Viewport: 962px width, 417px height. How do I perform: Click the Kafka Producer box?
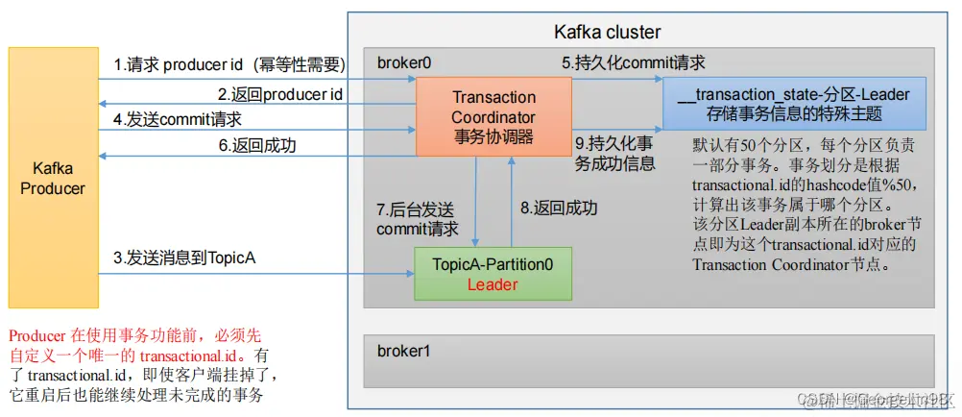pyautogui.click(x=53, y=178)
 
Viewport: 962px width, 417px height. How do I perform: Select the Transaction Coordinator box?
pyautogui.click(x=493, y=117)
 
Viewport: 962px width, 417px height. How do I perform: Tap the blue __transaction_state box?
pyautogui.click(x=793, y=105)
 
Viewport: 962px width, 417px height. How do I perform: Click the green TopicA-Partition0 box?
pyautogui.click(x=493, y=272)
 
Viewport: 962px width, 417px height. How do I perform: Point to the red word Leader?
pyautogui.click(x=493, y=284)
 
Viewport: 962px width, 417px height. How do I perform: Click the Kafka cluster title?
pyautogui.click(x=609, y=33)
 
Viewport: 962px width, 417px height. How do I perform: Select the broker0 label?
pyautogui.click(x=404, y=62)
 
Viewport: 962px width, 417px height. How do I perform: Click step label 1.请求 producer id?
pyautogui.click(x=229, y=65)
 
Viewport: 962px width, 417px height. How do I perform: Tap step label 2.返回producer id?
pyautogui.click(x=279, y=94)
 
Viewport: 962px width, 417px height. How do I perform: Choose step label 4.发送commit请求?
pyautogui.click(x=178, y=119)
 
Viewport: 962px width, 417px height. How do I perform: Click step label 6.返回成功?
pyautogui.click(x=257, y=146)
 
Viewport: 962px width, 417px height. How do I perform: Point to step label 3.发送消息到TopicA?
pyautogui.click(x=185, y=258)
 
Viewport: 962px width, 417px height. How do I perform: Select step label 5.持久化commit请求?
pyautogui.click(x=634, y=63)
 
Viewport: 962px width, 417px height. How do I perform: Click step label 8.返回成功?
pyautogui.click(x=559, y=208)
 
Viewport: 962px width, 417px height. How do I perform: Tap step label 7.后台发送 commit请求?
pyautogui.click(x=418, y=219)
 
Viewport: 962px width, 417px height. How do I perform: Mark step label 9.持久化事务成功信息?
pyautogui.click(x=613, y=154)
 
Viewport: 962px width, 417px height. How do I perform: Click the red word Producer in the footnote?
pyautogui.click(x=36, y=335)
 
